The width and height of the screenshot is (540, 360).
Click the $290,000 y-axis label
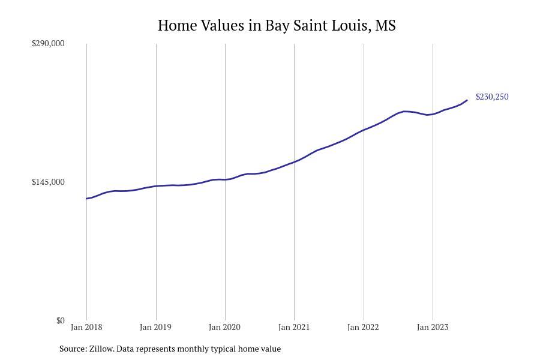pyautogui.click(x=48, y=43)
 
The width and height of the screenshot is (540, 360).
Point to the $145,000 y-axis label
pyautogui.click(x=48, y=182)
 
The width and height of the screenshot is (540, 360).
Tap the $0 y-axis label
pyautogui.click(x=60, y=321)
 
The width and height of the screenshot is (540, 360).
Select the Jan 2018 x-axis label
pyautogui.click(x=86, y=327)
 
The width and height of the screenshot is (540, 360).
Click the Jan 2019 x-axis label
pyautogui.click(x=155, y=327)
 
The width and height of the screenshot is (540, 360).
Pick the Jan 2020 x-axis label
pyautogui.click(x=224, y=327)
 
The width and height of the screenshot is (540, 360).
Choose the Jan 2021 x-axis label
pyautogui.click(x=294, y=327)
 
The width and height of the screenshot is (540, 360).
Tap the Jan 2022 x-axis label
pyautogui.click(x=363, y=327)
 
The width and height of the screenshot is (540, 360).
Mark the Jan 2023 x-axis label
pyautogui.click(x=433, y=327)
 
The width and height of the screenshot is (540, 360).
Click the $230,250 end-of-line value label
pyautogui.click(x=492, y=97)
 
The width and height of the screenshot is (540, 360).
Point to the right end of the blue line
pyautogui.click(x=467, y=100)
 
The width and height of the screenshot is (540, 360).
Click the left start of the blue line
pyautogui.click(x=86, y=199)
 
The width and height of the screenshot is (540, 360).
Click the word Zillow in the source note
pyautogui.click(x=101, y=349)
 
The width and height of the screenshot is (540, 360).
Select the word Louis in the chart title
pyautogui.click(x=351, y=25)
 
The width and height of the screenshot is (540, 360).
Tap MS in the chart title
pyautogui.click(x=385, y=25)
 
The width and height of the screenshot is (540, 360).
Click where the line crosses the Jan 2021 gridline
pyautogui.click(x=294, y=162)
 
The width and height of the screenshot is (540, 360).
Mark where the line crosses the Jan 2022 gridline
pyautogui.click(x=364, y=130)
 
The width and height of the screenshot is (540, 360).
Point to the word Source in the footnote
pyautogui.click(x=73, y=349)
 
